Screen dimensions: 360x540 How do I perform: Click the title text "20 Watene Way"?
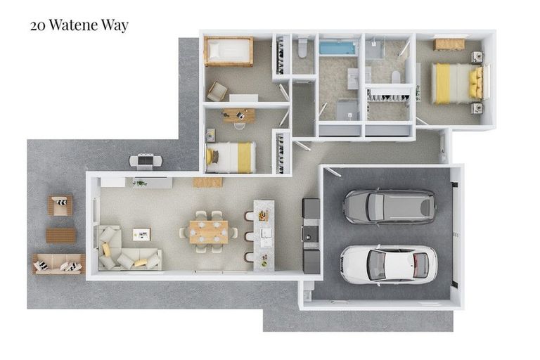click(x=79, y=26)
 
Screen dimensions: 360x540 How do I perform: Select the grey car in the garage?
click(x=389, y=206)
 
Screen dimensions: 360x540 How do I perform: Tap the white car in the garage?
click(x=388, y=264)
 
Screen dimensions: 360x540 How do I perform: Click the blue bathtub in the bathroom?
click(x=338, y=48)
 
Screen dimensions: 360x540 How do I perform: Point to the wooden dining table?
click(x=208, y=231)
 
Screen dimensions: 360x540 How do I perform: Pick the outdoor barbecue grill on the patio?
click(x=146, y=161)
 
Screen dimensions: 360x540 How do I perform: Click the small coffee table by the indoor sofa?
click(x=141, y=234)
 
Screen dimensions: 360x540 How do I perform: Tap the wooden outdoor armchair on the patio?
click(x=60, y=205)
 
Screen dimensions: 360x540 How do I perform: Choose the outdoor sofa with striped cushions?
click(x=58, y=264)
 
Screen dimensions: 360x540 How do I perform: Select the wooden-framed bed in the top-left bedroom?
click(x=228, y=51)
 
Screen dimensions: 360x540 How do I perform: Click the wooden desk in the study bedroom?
click(x=239, y=115)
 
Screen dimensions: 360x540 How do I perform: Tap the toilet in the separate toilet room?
click(x=303, y=48)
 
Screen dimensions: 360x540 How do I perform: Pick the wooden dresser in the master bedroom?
click(x=449, y=44)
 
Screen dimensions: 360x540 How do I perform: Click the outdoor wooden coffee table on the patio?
click(x=60, y=235)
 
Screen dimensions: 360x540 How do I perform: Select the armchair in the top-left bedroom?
click(x=217, y=91)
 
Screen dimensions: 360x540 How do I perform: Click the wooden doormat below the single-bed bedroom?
click(x=207, y=182)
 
